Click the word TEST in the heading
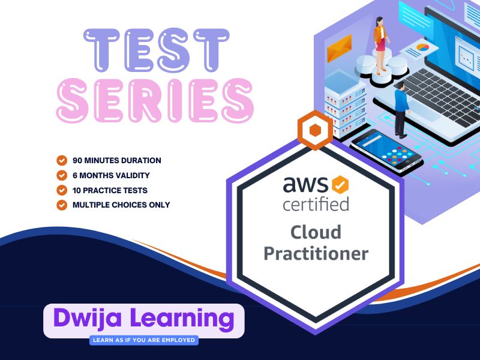157,50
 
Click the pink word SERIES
155,100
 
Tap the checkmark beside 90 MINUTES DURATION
62,160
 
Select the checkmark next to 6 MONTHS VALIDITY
62,175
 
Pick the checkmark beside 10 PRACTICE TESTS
62,190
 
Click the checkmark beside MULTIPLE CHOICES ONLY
62,205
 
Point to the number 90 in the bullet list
77,160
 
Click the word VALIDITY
136,175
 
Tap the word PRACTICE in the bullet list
103,190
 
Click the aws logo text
305,184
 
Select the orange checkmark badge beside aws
340,185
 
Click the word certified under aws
316,204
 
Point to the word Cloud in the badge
316,232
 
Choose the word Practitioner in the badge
316,254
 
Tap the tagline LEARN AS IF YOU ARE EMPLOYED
144,340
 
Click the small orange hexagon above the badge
316,130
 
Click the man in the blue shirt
400,110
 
